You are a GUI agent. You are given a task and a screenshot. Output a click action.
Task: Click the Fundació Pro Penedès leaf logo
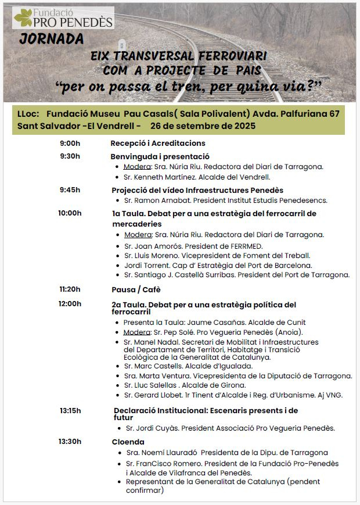(24, 18)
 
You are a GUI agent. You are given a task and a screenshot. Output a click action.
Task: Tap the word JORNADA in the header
(51, 40)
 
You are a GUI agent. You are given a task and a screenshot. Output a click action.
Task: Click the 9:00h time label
(70, 143)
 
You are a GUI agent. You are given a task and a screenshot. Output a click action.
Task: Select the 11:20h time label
(70, 289)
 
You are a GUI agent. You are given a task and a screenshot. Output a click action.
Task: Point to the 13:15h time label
(70, 411)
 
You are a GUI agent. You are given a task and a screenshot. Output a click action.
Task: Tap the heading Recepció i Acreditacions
(158, 144)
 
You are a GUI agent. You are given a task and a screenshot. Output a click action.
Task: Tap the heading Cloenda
(128, 442)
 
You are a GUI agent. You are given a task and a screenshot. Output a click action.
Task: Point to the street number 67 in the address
(334, 113)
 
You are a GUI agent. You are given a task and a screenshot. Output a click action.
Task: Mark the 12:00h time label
(70, 304)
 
